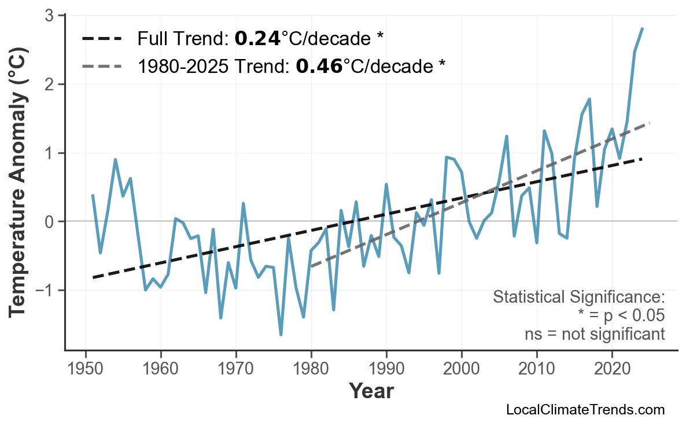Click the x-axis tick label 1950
pos(86,368)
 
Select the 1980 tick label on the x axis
pos(311,368)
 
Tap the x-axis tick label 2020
pos(612,368)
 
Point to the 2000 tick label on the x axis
pos(462,368)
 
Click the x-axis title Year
pos(371,391)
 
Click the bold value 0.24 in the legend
pos(257,39)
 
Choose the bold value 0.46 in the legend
pos(319,67)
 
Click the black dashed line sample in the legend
pos(102,39)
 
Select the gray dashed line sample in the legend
pos(102,67)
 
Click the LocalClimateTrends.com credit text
pos(585,410)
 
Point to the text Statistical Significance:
pos(578,298)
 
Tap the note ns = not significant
pos(595,334)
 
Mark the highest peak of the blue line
pos(643,28)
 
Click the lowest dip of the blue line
pos(281,335)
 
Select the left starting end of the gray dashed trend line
pos(311,266)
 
